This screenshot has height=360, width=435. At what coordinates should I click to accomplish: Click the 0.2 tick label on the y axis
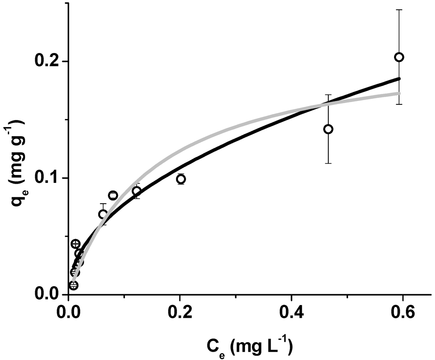click(x=49, y=61)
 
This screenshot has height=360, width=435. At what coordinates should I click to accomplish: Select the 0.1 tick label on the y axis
click(x=49, y=178)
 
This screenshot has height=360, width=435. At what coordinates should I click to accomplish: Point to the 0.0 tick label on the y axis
click(x=49, y=295)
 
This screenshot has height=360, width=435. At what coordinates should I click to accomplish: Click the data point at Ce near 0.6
click(x=399, y=57)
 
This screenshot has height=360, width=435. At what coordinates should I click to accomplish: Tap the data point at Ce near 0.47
click(x=328, y=129)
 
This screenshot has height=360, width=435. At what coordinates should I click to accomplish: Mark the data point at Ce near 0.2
click(x=181, y=179)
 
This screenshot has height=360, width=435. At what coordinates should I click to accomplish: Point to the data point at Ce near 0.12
click(x=137, y=191)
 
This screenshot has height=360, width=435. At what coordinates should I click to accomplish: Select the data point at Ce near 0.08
click(x=113, y=195)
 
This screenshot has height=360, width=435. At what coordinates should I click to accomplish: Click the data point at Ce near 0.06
click(x=103, y=214)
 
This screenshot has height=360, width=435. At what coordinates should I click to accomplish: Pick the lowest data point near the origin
click(x=74, y=286)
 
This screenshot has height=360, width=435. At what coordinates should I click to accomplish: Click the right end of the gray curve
click(x=399, y=93)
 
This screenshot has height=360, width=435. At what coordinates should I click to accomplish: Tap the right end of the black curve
click(x=399, y=78)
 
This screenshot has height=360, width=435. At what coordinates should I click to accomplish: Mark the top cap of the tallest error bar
click(x=399, y=10)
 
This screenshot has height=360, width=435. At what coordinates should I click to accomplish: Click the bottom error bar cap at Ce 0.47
click(x=328, y=163)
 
